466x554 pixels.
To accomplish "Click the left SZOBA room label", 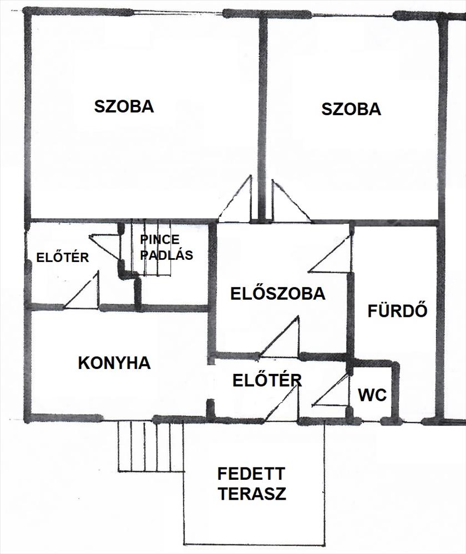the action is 124,106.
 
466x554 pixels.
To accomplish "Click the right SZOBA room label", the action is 351,109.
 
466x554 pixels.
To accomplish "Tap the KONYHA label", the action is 114,363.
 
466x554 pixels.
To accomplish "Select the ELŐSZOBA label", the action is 278,294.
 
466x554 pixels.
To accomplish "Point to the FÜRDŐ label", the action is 398,311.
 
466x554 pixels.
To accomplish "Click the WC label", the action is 372,396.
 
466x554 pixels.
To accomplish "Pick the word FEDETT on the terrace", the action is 251,474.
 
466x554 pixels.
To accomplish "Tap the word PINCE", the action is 160,240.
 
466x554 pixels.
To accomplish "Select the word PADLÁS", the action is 166,255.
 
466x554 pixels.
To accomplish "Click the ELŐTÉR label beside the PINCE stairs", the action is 62,258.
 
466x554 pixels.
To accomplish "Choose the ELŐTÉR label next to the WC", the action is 267,381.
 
